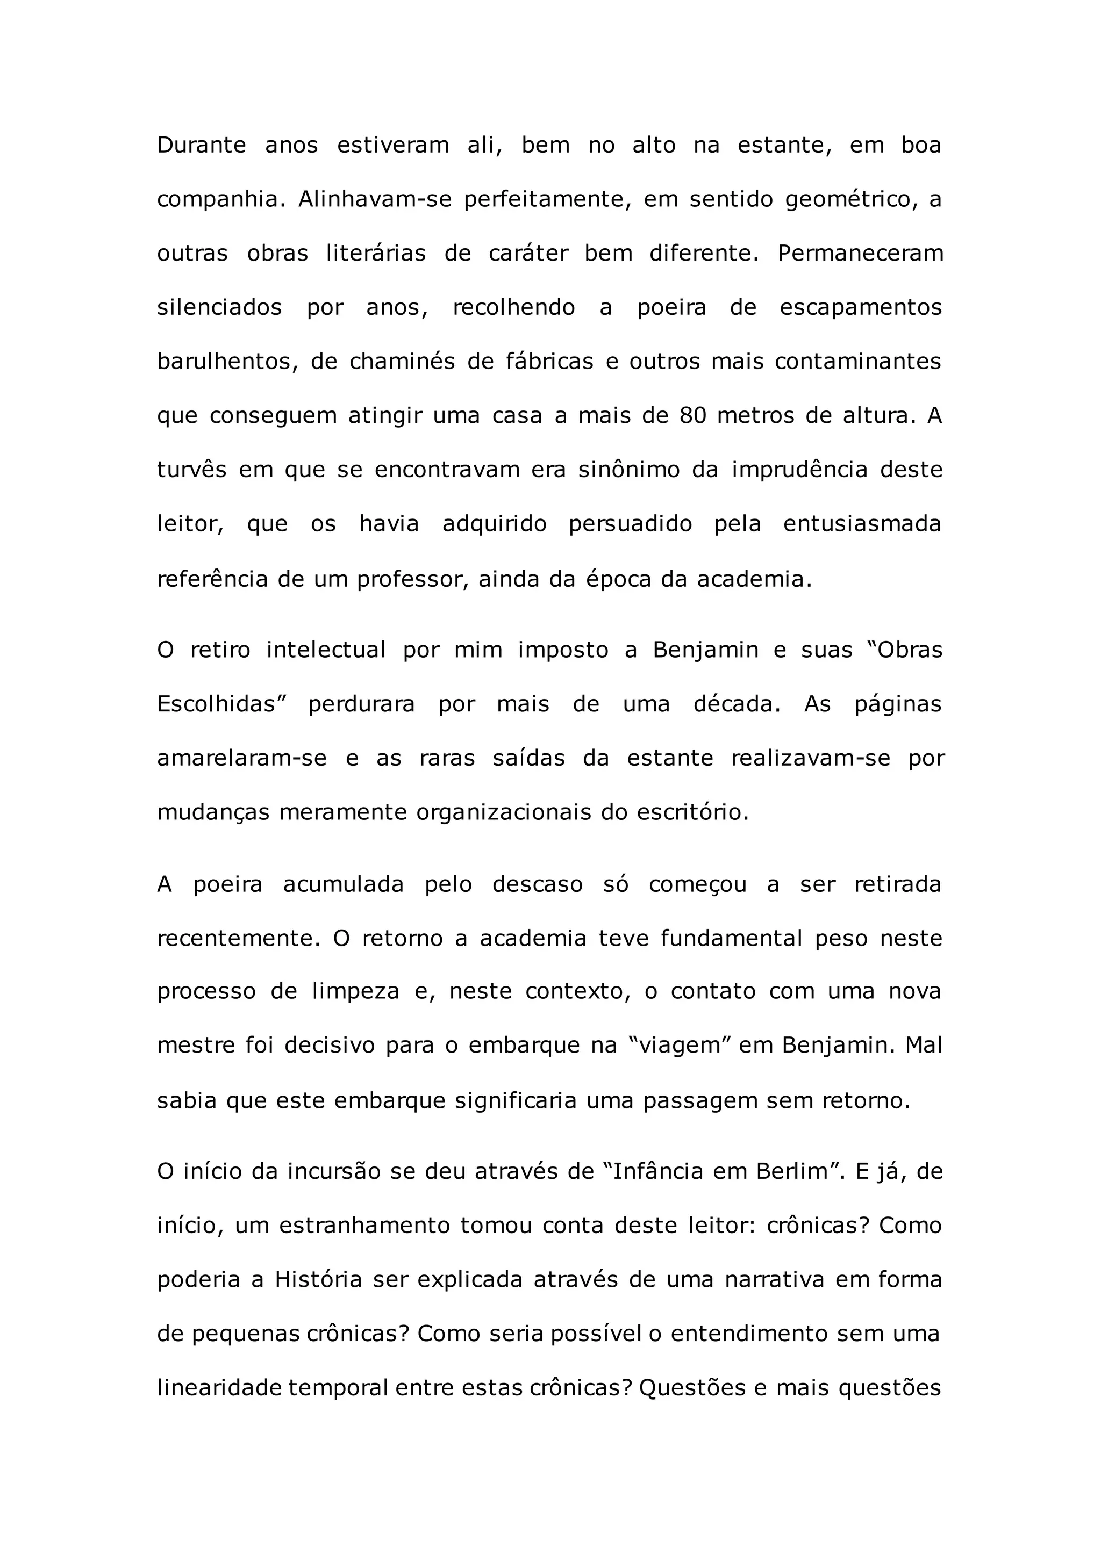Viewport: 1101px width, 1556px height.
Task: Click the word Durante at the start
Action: click(x=202, y=146)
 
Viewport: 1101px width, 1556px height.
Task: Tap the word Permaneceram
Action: click(x=860, y=254)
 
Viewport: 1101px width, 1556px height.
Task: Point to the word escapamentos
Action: click(x=860, y=308)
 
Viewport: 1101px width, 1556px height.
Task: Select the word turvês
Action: click(x=192, y=470)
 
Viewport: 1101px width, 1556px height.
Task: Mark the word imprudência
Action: click(x=799, y=470)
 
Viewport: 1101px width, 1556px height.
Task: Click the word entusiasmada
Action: click(x=862, y=524)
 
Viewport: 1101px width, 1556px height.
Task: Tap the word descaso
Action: click(x=538, y=885)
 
